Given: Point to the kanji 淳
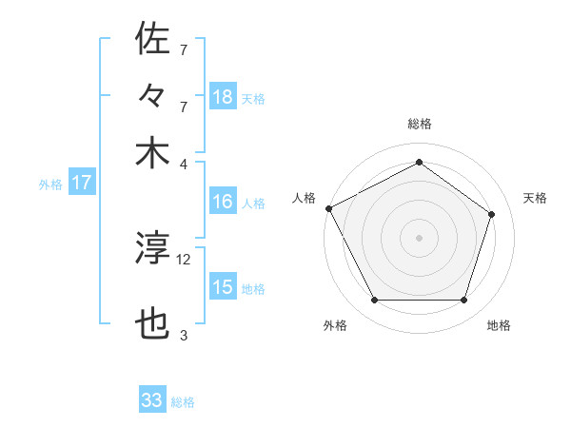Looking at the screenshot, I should [152, 249].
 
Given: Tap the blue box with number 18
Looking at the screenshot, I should [223, 97].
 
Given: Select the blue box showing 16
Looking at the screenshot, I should [223, 203].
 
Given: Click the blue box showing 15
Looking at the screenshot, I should [223, 287].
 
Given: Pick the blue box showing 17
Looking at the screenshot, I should [82, 184].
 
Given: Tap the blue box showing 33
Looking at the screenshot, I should [152, 400].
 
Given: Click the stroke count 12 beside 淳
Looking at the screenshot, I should [184, 259].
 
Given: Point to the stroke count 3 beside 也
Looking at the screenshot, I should [184, 335].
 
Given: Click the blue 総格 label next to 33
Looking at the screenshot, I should [183, 402].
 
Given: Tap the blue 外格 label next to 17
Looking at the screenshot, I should [50, 185].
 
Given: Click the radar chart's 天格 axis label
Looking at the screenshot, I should [535, 198].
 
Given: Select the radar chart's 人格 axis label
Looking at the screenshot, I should [305, 198].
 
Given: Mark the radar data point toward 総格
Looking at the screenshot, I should [419, 163].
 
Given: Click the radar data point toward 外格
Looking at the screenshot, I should [374, 301].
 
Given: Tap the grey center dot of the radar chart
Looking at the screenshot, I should [419, 238].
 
